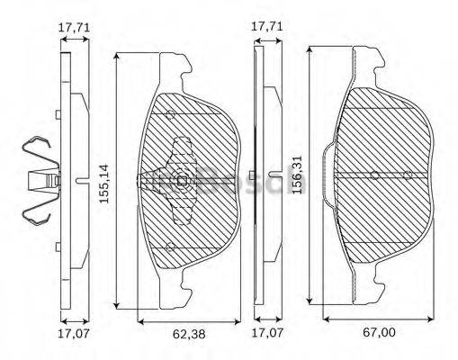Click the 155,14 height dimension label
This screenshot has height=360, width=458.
(x=104, y=182)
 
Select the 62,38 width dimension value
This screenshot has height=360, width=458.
(x=187, y=334)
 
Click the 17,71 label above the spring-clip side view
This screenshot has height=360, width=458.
(x=75, y=28)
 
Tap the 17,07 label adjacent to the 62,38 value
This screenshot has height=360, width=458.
(x=75, y=335)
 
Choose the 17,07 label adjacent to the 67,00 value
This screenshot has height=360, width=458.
(x=266, y=335)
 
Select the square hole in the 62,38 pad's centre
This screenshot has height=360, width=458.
(x=183, y=182)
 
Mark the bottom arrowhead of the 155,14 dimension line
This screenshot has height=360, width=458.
(x=117, y=305)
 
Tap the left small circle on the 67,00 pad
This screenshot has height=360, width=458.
(x=374, y=174)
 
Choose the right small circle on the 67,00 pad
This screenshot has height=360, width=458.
(x=408, y=174)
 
